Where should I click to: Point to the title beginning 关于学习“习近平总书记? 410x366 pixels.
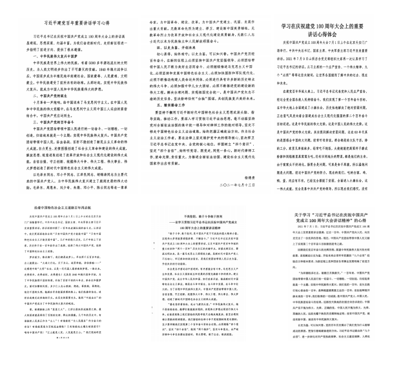(x=343, y=212)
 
